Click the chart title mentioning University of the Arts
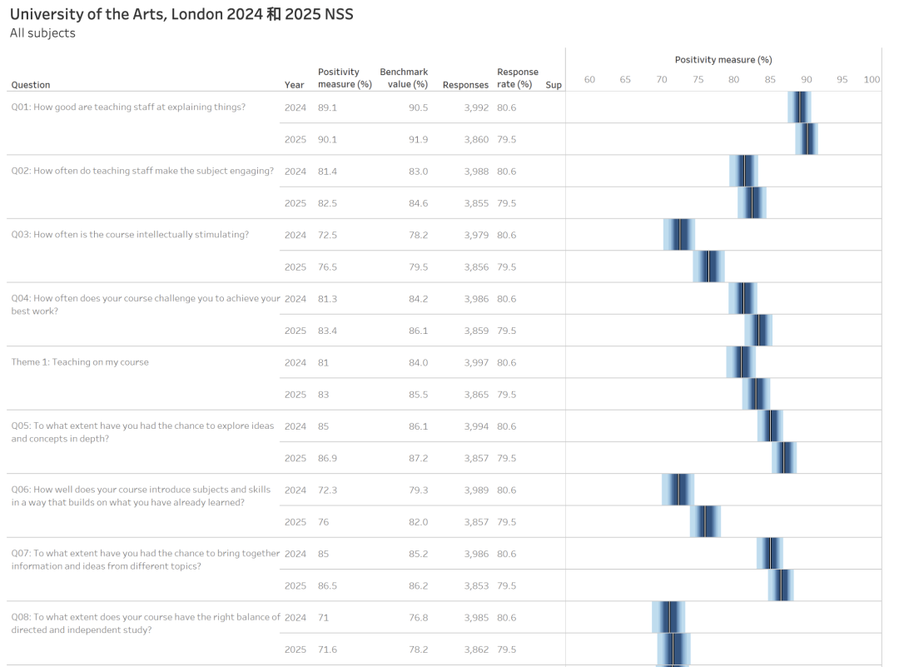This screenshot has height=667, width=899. [181, 14]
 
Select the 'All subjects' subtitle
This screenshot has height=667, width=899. [42, 33]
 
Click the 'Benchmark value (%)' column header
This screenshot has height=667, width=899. [404, 78]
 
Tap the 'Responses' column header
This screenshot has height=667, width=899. [465, 85]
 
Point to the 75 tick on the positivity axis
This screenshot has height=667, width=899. [698, 80]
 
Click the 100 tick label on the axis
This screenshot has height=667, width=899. [872, 80]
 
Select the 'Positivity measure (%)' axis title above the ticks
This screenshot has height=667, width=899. [723, 60]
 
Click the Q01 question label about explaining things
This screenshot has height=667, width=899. [128, 107]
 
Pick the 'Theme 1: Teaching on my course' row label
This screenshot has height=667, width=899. [80, 362]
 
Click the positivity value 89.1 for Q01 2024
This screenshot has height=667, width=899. [327, 107]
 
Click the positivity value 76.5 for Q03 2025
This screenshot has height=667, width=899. [327, 267]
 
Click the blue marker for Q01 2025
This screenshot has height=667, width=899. [807, 139]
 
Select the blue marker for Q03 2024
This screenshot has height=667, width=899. [679, 235]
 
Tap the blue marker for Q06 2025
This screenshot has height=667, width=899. [704, 522]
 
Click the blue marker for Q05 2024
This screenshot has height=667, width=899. [770, 426]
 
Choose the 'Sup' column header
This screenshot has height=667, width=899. [554, 85]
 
